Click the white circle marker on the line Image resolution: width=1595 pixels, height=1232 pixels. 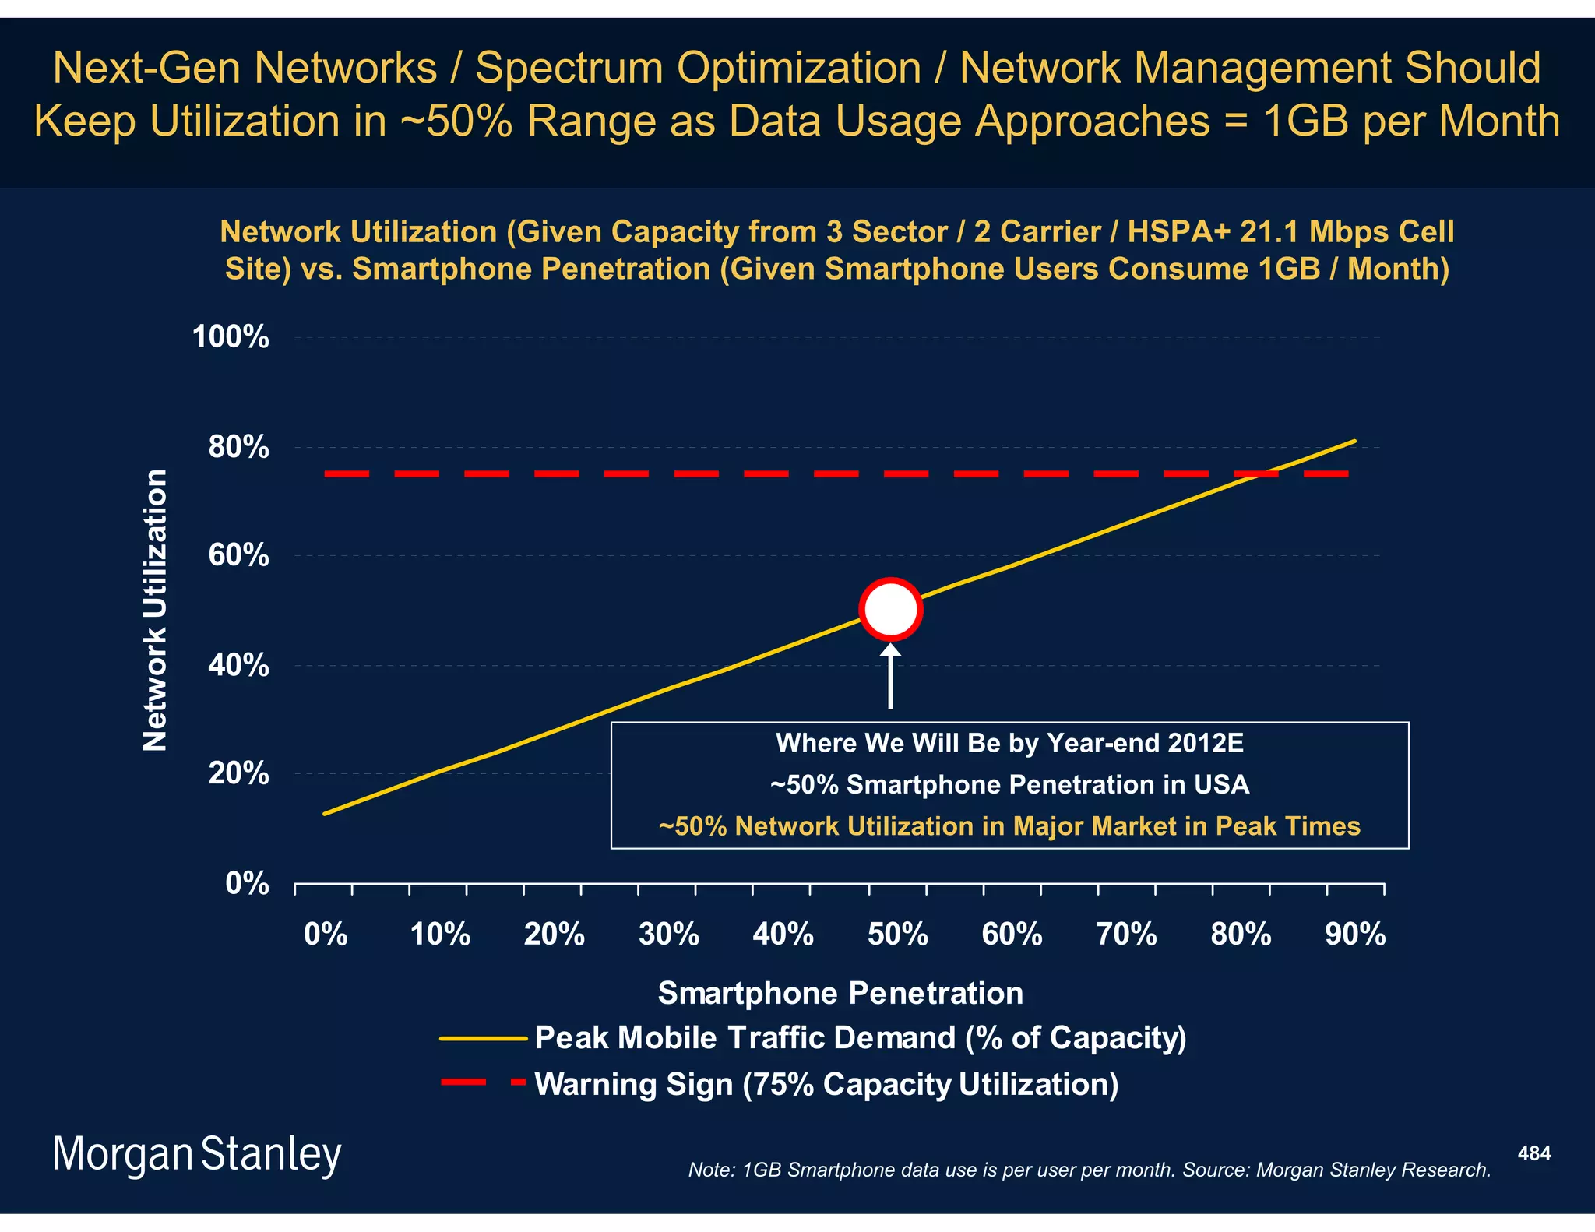[x=890, y=609]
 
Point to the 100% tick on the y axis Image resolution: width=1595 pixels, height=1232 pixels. [x=231, y=337]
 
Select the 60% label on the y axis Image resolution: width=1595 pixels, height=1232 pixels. [x=238, y=555]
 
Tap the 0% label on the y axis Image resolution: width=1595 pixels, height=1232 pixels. [x=247, y=884]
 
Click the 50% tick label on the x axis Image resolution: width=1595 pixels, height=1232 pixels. [x=897, y=934]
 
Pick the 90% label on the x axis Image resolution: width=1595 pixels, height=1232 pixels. [x=1355, y=934]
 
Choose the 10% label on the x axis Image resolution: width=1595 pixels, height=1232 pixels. [x=440, y=934]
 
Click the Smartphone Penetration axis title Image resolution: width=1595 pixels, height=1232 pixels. [x=840, y=993]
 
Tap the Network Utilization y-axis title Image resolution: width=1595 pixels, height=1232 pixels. [x=155, y=610]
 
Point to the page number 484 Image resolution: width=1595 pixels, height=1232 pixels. [x=1533, y=1153]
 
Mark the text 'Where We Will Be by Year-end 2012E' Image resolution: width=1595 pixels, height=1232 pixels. [x=1009, y=743]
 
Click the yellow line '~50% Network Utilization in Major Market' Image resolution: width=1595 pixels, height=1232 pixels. [x=1009, y=826]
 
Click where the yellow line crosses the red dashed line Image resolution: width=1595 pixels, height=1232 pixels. [x=1259, y=473]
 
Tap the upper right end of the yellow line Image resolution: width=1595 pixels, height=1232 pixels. [x=1354, y=442]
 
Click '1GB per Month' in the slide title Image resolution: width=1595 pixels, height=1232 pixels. [x=1411, y=121]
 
